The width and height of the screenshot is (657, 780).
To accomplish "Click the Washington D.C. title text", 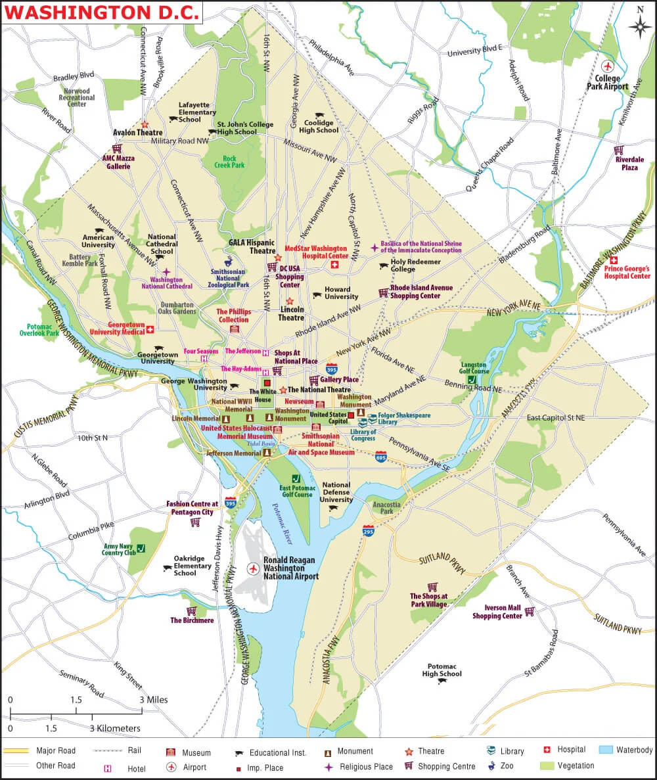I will click(x=102, y=12).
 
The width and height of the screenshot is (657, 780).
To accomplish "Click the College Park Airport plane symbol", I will click(x=607, y=66).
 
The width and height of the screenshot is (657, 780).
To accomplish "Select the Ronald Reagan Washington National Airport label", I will click(x=290, y=568).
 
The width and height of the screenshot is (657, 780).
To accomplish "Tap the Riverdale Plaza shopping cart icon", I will click(x=619, y=149).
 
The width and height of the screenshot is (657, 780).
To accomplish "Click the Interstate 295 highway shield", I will click(x=369, y=530).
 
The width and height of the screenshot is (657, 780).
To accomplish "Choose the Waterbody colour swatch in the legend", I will click(x=606, y=750).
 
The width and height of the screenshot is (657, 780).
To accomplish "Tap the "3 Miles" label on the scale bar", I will click(x=152, y=700).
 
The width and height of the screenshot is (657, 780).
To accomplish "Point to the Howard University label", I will click(x=341, y=293).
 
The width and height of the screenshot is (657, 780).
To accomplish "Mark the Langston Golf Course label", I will click(x=473, y=368).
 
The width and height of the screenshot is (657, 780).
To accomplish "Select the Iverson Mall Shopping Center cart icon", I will click(x=529, y=611).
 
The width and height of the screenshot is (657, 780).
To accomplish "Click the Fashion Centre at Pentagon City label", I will click(x=190, y=508).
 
